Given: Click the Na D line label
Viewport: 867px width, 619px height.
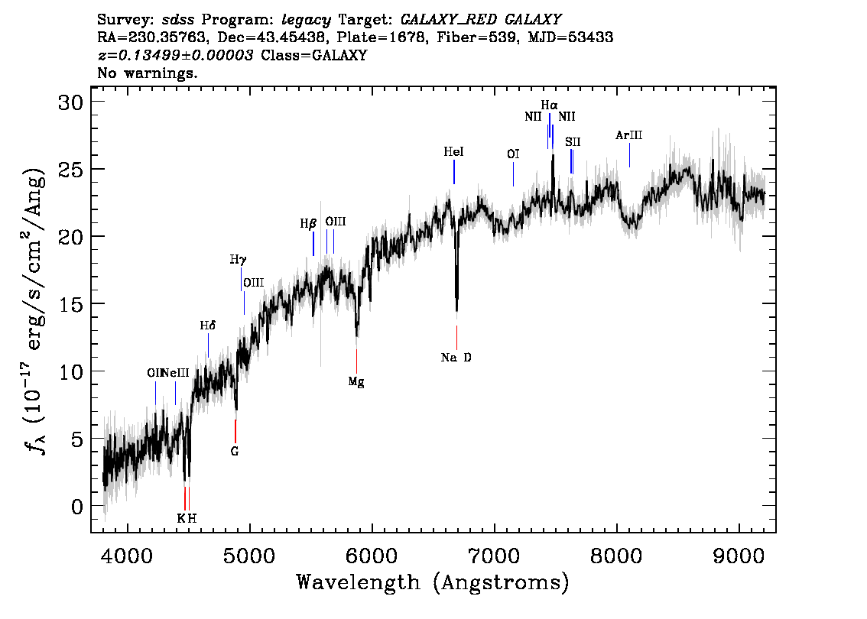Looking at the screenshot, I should click(x=456, y=357).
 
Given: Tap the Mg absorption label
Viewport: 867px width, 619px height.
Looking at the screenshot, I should click(x=356, y=382).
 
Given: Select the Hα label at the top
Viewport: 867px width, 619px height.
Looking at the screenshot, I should click(x=549, y=105).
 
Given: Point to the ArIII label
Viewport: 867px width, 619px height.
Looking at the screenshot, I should click(x=628, y=135).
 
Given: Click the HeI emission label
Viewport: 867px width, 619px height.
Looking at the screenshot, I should click(x=453, y=153).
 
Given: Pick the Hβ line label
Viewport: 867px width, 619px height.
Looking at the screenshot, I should click(x=308, y=224).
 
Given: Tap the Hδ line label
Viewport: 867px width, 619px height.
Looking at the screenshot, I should click(x=208, y=326).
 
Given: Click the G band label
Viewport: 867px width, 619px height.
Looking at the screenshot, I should click(x=235, y=451).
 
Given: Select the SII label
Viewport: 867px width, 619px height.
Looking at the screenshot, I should click(x=573, y=142).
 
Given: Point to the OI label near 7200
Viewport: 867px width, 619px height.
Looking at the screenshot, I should click(x=513, y=154).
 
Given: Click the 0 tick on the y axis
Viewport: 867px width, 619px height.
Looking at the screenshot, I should click(x=80, y=506).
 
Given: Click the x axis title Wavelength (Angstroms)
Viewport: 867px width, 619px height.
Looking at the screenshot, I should click(x=433, y=582).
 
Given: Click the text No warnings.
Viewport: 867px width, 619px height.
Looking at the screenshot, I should click(x=148, y=73).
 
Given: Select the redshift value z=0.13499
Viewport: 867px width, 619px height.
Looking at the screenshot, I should click(x=175, y=56).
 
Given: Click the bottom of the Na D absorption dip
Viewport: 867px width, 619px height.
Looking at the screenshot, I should click(x=456, y=309).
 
